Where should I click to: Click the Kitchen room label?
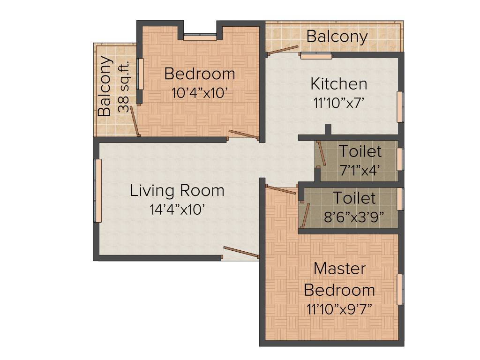[338, 84]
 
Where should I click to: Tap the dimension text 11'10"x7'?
[338, 103]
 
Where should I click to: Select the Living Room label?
[177, 191]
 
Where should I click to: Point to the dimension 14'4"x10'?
[177, 210]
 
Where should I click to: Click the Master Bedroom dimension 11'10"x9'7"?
[339, 310]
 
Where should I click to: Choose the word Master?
[339, 269]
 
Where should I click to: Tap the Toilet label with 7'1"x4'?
[360, 151]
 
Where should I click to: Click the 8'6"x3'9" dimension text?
[354, 217]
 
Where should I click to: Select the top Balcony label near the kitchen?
[337, 37]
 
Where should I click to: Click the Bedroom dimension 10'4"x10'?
[200, 93]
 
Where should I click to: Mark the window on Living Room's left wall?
[98, 191]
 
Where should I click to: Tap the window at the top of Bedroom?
[200, 37]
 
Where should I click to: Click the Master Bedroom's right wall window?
[400, 289]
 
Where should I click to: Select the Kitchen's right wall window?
[400, 106]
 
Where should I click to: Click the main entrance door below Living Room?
[241, 252]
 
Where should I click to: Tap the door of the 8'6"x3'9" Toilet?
[305, 215]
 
